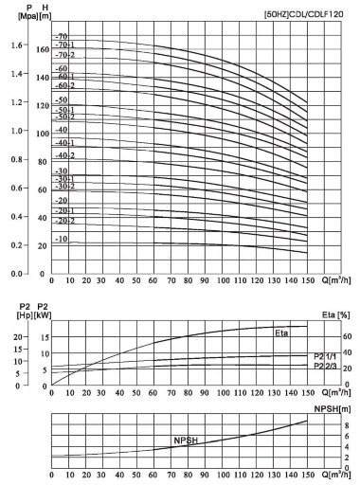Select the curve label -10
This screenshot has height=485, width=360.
[x=63, y=240]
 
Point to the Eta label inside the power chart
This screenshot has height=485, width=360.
[x=282, y=333]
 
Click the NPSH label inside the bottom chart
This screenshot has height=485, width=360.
[x=186, y=441]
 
